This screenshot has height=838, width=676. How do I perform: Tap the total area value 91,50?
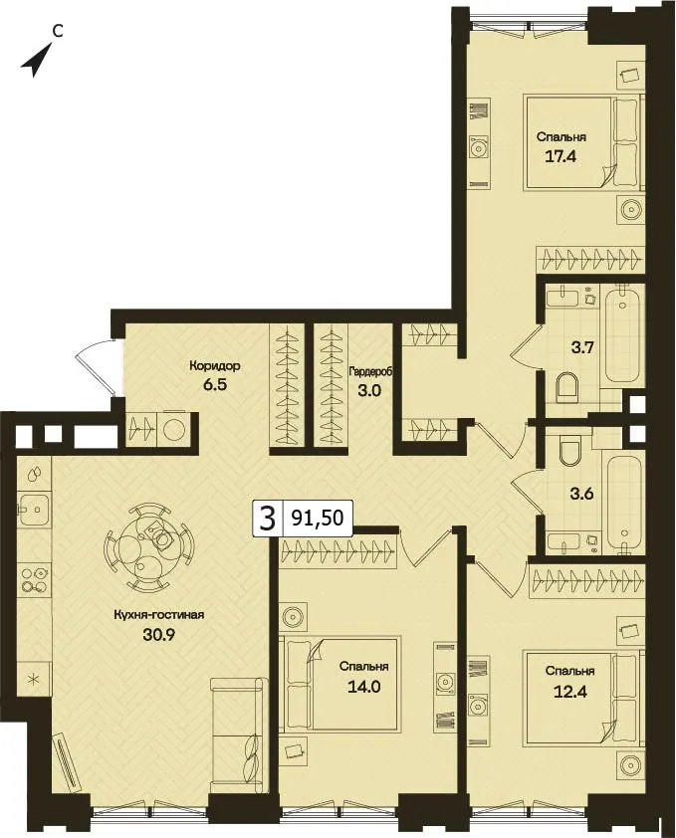(318, 518)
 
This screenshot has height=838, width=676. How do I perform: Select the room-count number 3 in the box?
(267, 518)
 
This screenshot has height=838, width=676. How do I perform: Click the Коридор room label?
(214, 366)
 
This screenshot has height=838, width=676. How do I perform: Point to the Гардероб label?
(371, 371)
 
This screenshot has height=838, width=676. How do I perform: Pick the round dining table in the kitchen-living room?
(149, 546)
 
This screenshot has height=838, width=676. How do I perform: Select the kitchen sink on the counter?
(34, 510)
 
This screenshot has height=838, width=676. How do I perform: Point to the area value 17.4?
(561, 156)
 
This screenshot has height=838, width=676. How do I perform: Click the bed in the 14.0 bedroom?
(339, 683)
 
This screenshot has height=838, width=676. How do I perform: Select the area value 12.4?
(570, 692)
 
